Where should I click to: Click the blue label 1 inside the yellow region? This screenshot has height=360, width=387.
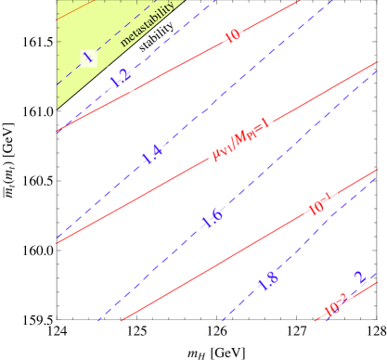click(88, 58)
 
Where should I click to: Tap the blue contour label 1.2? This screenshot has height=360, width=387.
click(121, 80)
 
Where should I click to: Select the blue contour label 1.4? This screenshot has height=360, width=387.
click(152, 155)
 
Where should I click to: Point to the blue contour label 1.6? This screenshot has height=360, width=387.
click(212, 219)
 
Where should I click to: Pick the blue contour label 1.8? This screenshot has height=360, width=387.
click(268, 282)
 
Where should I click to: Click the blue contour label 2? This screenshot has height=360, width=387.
click(360, 278)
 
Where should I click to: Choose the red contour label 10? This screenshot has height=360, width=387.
click(233, 37)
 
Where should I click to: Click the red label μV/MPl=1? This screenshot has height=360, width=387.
click(240, 139)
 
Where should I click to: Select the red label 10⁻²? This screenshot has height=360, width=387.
click(336, 303)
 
